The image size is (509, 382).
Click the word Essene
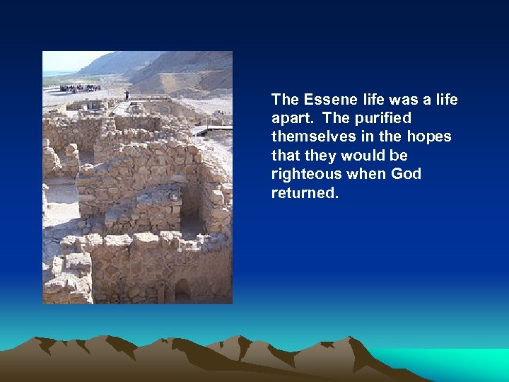[x=325, y=100]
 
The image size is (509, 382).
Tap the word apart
[x=290, y=118]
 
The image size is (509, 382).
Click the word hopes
[x=430, y=137]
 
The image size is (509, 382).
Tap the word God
[x=403, y=174]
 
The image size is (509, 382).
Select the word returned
[x=305, y=192]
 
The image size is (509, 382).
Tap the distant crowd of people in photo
[x=80, y=88]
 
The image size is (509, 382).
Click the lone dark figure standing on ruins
[x=127, y=95]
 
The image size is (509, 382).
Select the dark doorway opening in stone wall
[x=191, y=209]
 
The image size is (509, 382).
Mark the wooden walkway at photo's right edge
[x=216, y=129]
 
